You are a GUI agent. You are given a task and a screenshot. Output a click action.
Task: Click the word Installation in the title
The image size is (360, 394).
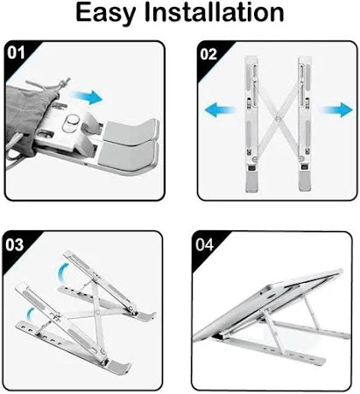(219, 15)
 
